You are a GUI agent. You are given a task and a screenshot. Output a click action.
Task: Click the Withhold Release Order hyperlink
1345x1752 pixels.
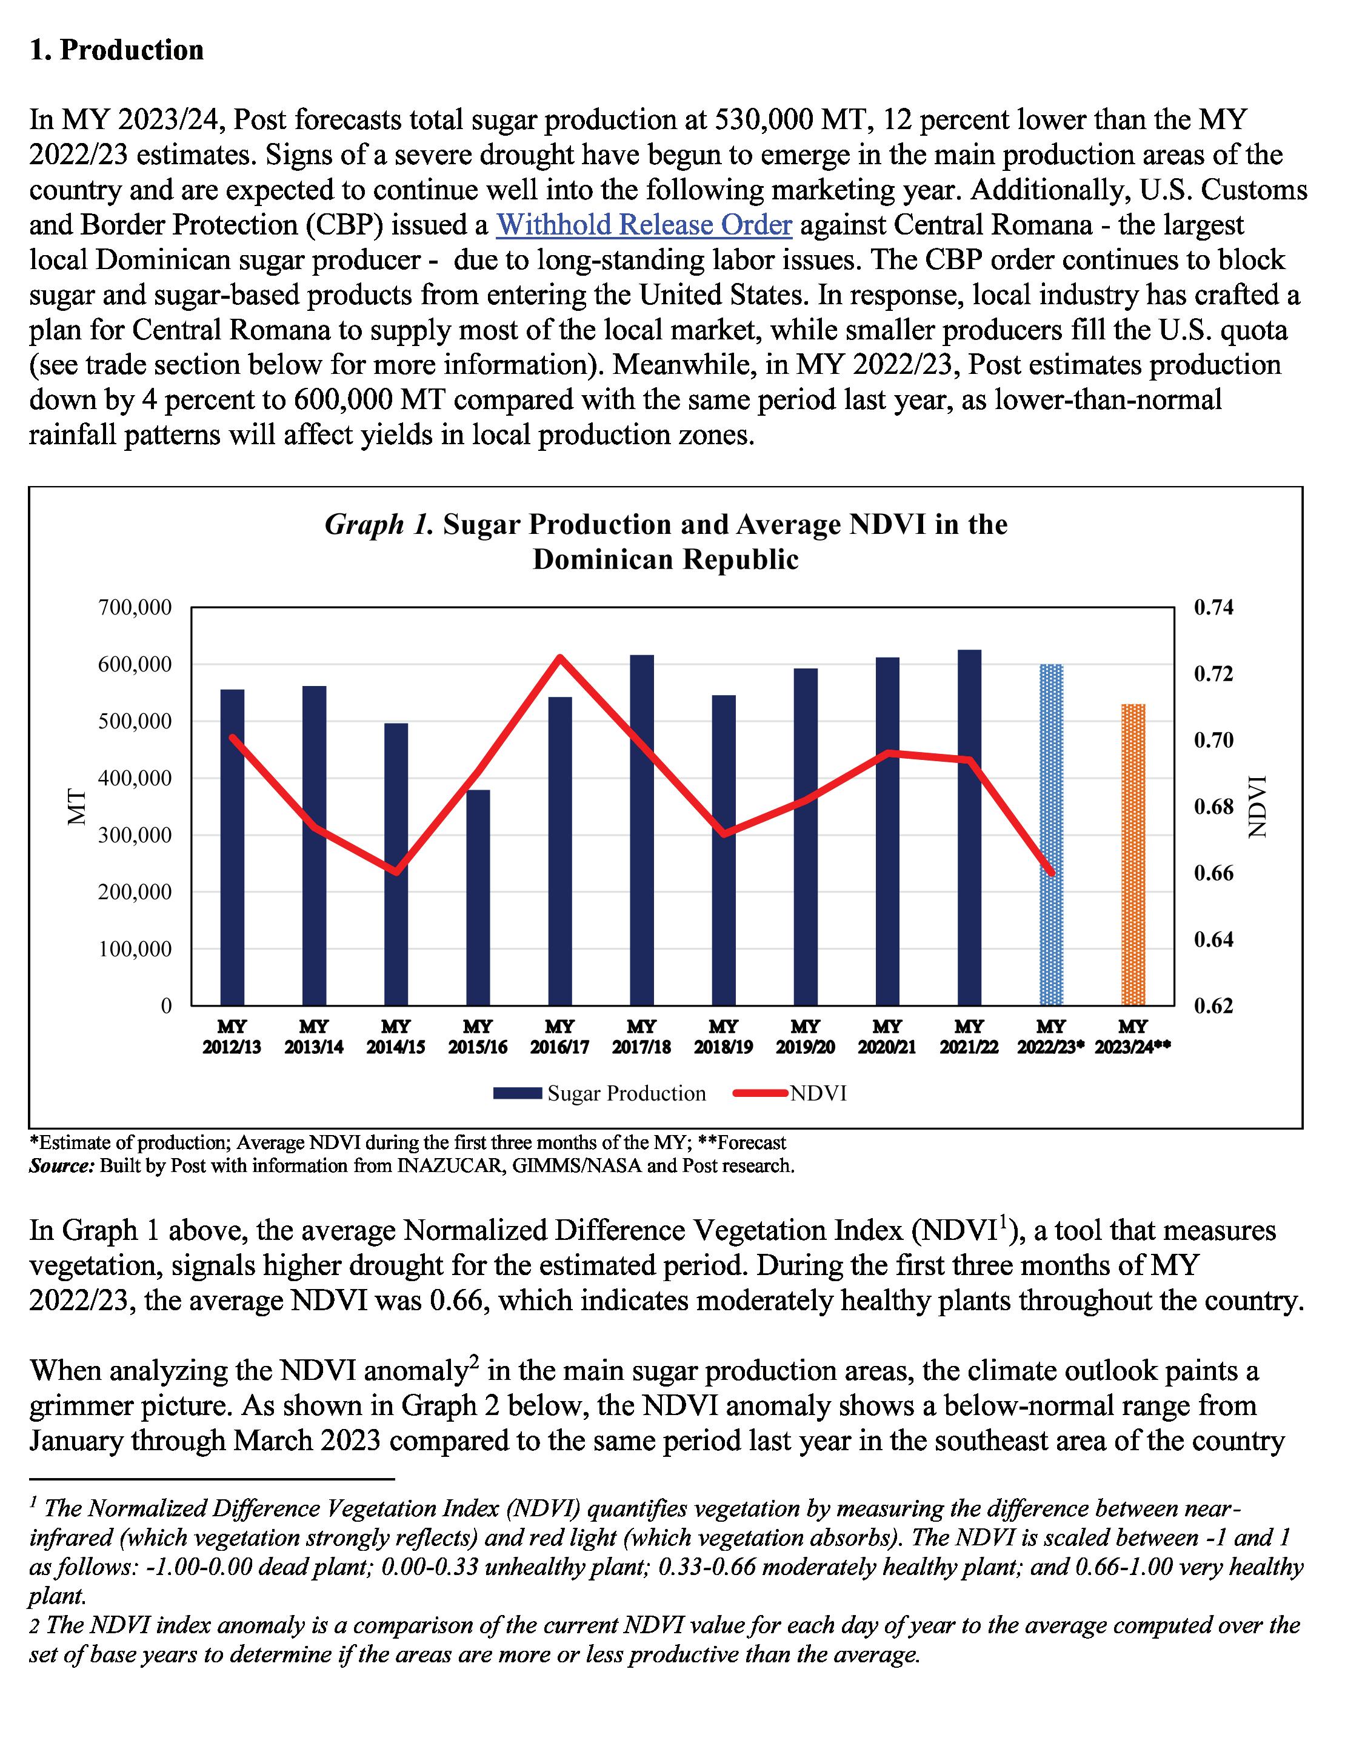pyautogui.click(x=644, y=225)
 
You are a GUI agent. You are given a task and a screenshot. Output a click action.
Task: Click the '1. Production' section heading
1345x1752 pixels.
pyautogui.click(x=116, y=50)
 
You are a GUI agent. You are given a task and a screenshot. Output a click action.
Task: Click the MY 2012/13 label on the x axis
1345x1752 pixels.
pyautogui.click(x=232, y=1036)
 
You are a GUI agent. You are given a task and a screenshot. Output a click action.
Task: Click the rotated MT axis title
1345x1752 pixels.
pyautogui.click(x=77, y=806)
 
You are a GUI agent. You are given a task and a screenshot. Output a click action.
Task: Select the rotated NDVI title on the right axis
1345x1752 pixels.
pyautogui.click(x=1258, y=806)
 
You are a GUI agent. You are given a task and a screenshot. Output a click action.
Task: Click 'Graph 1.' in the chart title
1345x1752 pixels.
pyautogui.click(x=379, y=524)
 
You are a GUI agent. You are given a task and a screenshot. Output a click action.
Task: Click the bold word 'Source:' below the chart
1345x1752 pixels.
pyautogui.click(x=62, y=1165)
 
